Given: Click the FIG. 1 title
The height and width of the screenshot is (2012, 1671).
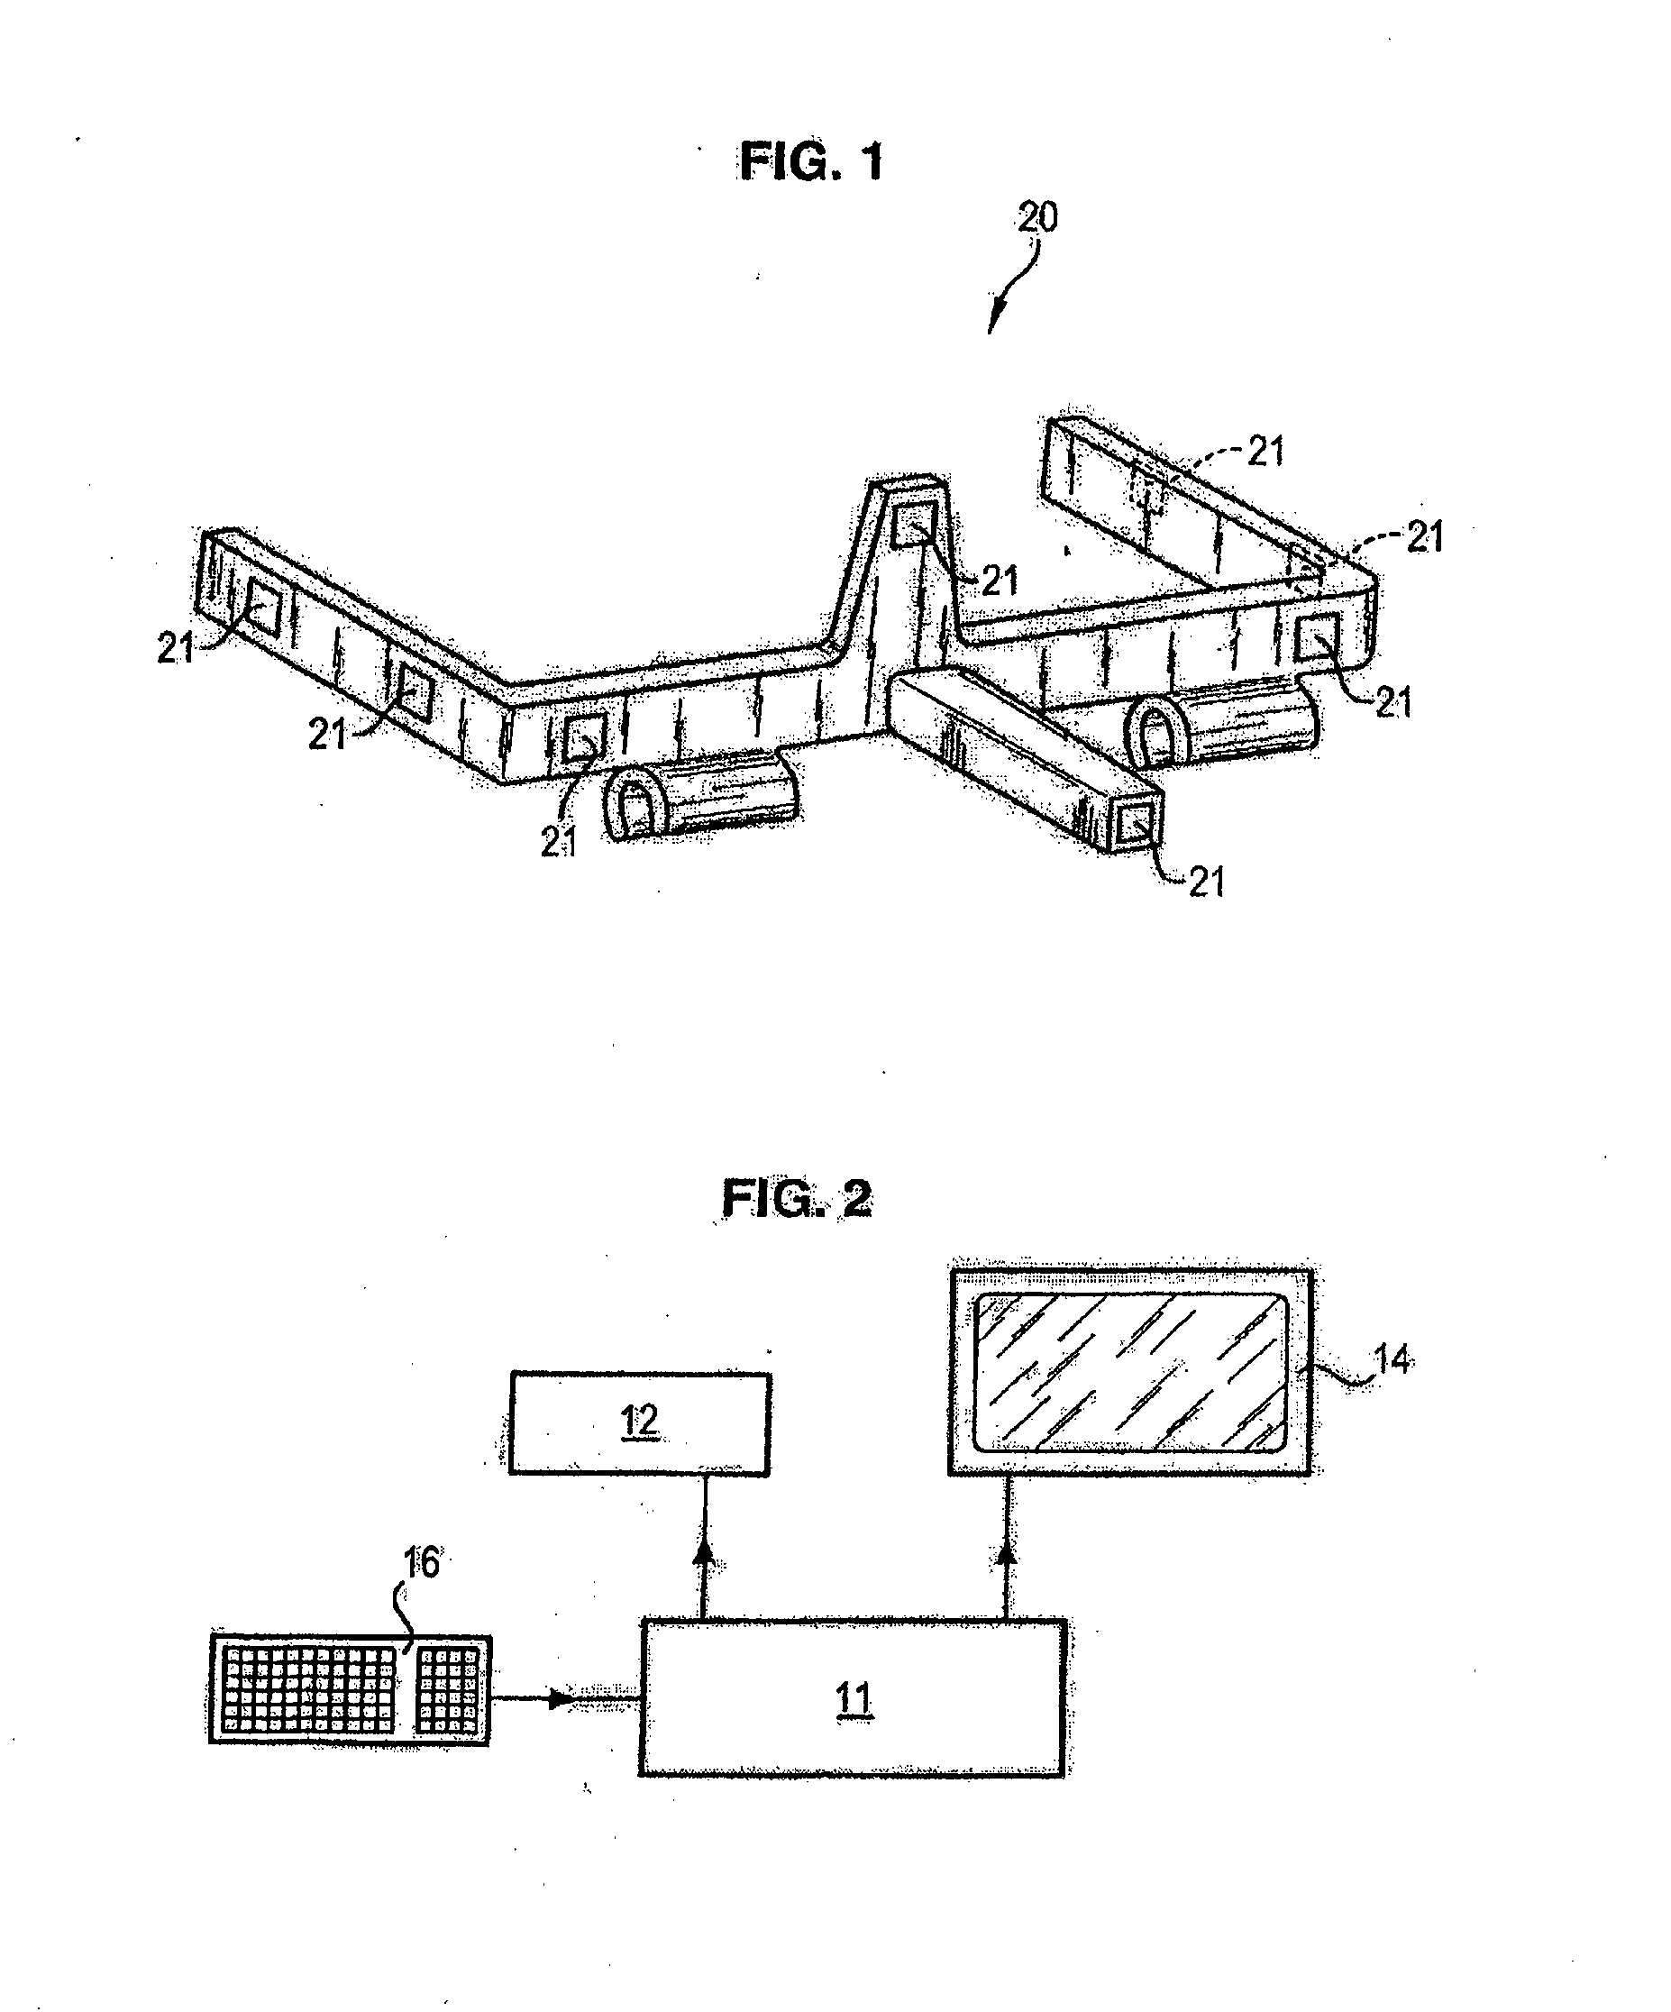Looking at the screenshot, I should [x=810, y=162].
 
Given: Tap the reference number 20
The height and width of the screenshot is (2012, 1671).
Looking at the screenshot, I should [x=1036, y=218].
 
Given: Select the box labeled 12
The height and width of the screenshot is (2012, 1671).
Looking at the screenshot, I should [x=639, y=1422].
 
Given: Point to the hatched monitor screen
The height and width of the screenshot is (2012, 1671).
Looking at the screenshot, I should [x=1129, y=1371].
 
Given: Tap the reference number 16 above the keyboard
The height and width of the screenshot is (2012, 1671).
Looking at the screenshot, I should [x=421, y=1563].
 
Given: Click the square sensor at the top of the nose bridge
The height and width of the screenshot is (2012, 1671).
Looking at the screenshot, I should [x=910, y=528].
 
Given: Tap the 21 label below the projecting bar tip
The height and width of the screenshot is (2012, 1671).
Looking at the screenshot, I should [x=1206, y=882].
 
